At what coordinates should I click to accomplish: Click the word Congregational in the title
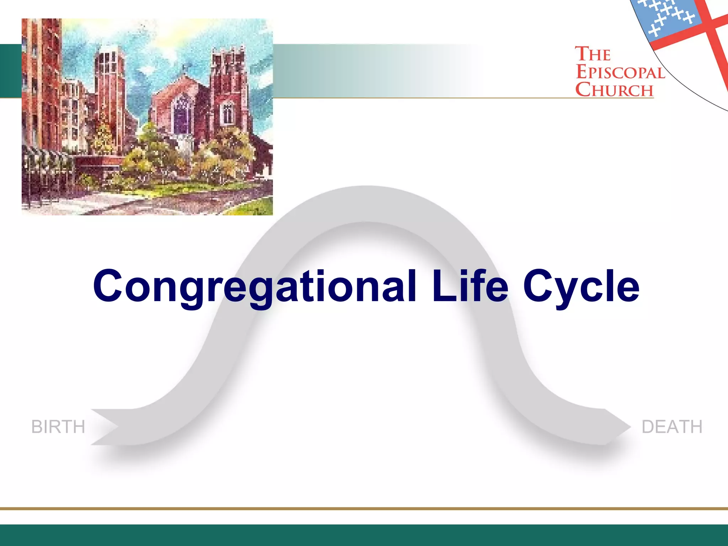[x=254, y=287]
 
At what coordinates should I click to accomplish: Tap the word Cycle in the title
[x=582, y=287]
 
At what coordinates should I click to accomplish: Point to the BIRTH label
[x=58, y=427]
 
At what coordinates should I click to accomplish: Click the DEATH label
[x=672, y=427]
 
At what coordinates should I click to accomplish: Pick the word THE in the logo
[x=593, y=54]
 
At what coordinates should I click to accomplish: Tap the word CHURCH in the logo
[x=615, y=90]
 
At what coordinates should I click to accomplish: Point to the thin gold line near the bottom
[x=364, y=508]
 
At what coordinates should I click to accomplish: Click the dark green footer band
[x=364, y=535]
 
